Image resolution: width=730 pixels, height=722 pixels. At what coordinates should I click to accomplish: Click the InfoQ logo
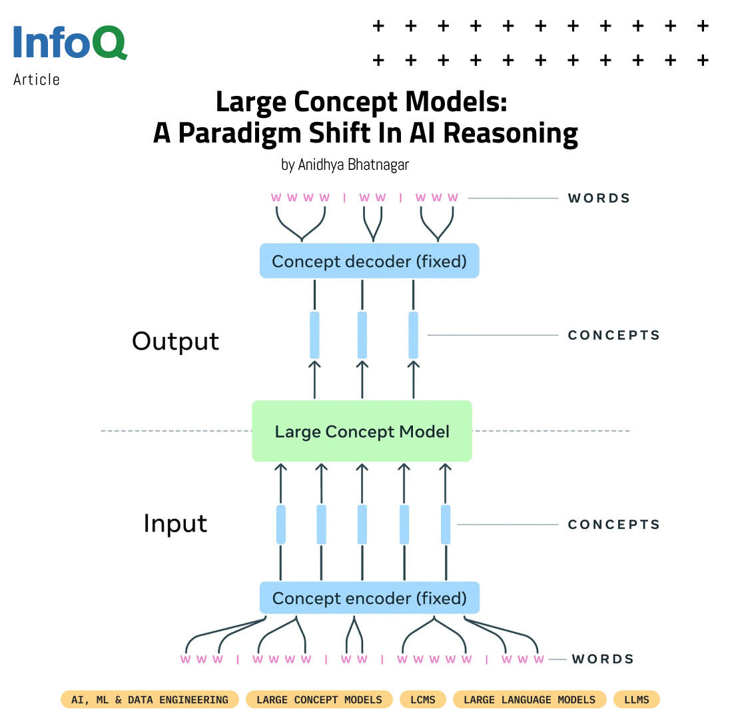tap(71, 43)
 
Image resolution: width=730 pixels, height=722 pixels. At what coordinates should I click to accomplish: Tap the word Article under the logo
tap(37, 80)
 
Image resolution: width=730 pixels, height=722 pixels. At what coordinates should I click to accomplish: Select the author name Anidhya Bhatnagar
tap(354, 165)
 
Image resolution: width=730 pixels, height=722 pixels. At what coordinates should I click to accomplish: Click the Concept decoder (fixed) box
tap(369, 260)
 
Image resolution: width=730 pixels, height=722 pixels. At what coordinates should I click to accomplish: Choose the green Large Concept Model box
tap(362, 431)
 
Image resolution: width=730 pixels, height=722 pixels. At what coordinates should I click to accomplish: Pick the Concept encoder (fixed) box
tap(369, 597)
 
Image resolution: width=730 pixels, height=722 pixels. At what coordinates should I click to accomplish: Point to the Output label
tap(176, 341)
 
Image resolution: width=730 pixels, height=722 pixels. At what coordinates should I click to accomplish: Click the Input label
tap(175, 524)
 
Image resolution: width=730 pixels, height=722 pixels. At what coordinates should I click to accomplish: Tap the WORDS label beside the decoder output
tap(599, 198)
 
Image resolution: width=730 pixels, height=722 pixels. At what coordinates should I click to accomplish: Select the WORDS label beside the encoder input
tap(603, 659)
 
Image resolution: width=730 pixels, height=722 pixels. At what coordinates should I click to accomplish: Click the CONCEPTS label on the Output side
tap(613, 335)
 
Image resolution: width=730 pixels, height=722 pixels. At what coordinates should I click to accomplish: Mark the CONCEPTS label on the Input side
tap(613, 525)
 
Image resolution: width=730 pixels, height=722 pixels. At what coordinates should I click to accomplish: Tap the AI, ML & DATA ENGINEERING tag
tap(149, 699)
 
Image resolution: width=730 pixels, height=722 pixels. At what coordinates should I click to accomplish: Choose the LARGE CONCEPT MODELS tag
tap(319, 699)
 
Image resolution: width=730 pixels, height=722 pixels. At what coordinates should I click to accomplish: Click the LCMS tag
tap(423, 699)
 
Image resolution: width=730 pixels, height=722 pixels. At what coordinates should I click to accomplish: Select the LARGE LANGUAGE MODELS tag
tap(530, 699)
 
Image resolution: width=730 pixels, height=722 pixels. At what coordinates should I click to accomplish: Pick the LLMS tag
tap(637, 699)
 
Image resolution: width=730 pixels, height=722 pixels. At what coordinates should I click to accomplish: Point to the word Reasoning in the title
tap(510, 134)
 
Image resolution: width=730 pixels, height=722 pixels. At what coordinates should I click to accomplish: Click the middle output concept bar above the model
tap(362, 335)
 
